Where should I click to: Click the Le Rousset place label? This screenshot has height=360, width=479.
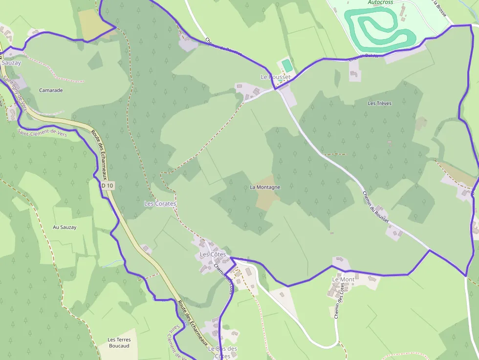275,77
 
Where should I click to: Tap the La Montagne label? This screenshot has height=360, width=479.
265,187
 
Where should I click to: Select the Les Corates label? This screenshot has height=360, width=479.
160,203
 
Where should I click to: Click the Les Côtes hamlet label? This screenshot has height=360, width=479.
213,254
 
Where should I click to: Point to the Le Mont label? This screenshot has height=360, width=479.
343,279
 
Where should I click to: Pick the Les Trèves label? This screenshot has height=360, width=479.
379,104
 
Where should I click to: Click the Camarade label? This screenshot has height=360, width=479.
51,90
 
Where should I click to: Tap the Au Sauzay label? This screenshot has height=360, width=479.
65,227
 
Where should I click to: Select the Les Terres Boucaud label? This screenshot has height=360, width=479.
119,342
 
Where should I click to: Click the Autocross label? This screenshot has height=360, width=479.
380,2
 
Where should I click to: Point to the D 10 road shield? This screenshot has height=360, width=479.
108,186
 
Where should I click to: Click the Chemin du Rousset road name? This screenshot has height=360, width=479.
375,207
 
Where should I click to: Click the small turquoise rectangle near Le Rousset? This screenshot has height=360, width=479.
287,64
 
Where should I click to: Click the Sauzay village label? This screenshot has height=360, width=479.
11,63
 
